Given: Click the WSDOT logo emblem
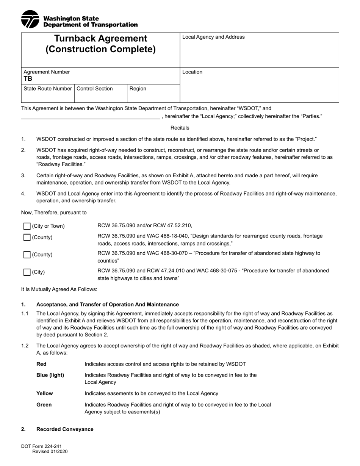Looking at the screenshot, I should point(30,19).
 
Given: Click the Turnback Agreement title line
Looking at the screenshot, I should point(100,39).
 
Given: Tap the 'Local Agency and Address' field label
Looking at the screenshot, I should point(213,37).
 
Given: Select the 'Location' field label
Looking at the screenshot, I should point(192,72).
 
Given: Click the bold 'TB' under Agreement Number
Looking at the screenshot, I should point(28,79).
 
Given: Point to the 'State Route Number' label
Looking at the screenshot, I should point(47,89).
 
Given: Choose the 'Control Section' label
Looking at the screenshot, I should point(95,89).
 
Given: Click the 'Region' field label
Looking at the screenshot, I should point(138,89).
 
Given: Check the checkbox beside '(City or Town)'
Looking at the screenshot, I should point(27,226).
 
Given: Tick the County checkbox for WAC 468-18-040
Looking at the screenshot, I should point(27,238).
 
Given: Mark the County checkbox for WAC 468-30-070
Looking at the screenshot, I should point(27,255).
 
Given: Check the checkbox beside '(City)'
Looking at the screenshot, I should point(27,272).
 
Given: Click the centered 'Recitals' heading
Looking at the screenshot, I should point(180,128).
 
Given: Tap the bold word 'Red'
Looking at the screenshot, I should point(41,364).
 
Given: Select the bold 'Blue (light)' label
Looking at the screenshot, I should point(50,375).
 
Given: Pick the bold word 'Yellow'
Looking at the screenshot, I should point(45,394).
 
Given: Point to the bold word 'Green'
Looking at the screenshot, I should point(44,405).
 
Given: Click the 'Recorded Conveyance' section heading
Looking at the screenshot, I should point(65,429).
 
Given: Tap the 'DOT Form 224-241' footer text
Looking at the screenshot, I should point(41,447).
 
